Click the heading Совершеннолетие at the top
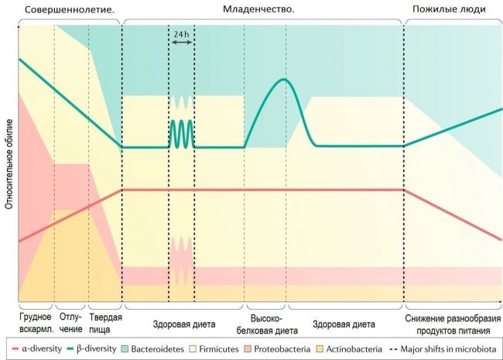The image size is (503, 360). pos(70,9)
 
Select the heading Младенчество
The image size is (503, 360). pos(258,9)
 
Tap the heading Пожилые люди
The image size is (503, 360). pos(449,9)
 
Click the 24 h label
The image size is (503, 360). pos(181,34)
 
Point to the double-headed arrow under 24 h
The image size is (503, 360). pos(182,42)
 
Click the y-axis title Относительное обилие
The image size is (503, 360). pos(9,164)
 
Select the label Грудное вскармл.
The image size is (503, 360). pos(36,323)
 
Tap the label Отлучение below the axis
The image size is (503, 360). pos(70,323)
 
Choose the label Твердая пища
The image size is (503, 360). pos(105,324)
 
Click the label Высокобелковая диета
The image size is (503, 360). pos(267,324)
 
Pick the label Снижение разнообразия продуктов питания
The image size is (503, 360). pos(453,324)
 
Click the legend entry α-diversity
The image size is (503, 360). pos(37,348)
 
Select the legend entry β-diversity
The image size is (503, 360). pos(92,348)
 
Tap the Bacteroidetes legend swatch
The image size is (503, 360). pos(125,349)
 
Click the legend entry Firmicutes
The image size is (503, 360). pos(214,349)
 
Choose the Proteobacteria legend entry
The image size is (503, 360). pos(277,349)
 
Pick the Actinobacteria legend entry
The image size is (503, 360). pos(349,349)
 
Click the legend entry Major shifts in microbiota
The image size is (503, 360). pos(443,348)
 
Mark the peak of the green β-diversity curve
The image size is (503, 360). pos(284,79)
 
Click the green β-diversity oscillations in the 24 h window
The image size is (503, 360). pos(182,134)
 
